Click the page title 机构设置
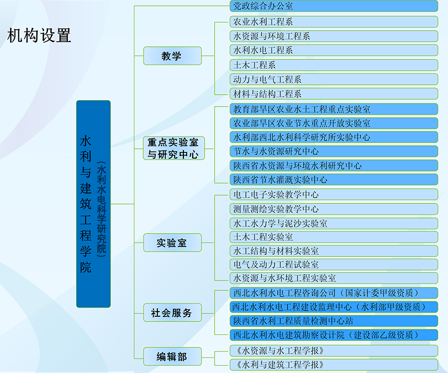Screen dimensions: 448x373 click(39, 35)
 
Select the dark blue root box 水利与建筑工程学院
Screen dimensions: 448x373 click(93, 204)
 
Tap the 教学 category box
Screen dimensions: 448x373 click(172, 56)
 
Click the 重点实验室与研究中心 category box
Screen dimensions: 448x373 click(173, 148)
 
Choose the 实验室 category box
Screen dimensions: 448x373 click(172, 242)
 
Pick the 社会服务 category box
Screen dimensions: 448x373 click(172, 313)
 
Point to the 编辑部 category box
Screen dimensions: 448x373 click(172, 356)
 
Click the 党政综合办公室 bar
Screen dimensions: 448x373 click(334, 6)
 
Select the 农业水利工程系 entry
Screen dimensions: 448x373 click(334, 22)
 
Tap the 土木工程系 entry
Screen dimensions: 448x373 click(334, 65)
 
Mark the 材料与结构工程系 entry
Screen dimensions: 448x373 click(334, 94)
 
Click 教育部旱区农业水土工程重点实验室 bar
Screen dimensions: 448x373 click(334, 109)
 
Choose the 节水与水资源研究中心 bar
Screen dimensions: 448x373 click(334, 151)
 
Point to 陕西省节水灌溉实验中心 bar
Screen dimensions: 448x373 click(334, 179)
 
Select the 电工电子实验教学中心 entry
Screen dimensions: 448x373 click(334, 195)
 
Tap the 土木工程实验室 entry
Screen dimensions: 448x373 click(334, 237)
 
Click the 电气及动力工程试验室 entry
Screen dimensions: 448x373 click(334, 265)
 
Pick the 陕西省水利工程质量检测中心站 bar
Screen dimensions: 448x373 click(334, 321)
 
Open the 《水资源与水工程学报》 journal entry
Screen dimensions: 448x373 click(334, 351)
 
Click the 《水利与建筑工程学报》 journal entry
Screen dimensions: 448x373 click(334, 365)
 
